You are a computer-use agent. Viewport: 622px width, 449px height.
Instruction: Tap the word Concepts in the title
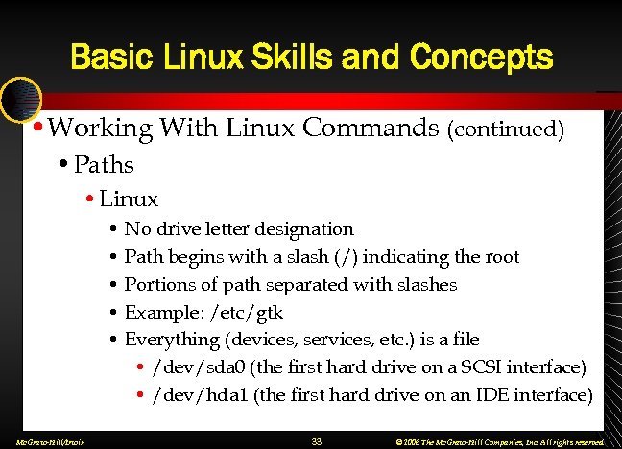tap(481, 58)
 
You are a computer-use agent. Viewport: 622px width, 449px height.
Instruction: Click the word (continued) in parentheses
tap(505, 129)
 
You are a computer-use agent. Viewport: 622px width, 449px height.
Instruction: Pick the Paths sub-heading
tap(103, 164)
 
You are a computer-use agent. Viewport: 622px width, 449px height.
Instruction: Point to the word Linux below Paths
tap(129, 200)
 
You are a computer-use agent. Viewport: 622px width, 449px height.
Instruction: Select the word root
tap(500, 257)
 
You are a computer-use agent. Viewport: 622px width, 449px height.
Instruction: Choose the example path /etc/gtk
tap(248, 313)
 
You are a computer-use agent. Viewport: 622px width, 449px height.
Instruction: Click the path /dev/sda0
tap(197, 367)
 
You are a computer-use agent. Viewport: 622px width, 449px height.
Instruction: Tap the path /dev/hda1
tap(197, 395)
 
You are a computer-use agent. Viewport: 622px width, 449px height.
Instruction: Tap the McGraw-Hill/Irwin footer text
tap(44, 442)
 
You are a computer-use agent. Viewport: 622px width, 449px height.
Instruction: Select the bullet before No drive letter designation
tap(113, 230)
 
